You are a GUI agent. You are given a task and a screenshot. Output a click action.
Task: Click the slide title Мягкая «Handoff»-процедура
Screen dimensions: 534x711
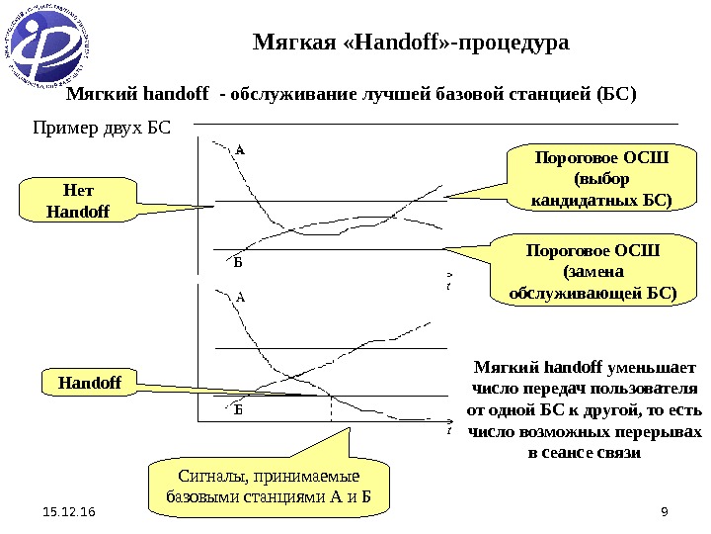(x=412, y=44)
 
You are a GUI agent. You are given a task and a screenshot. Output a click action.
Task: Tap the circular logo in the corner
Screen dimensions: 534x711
(x=52, y=45)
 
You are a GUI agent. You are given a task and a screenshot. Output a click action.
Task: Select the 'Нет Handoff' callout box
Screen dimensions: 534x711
(x=76, y=200)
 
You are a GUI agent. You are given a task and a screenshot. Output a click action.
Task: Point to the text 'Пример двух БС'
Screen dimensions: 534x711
(x=103, y=130)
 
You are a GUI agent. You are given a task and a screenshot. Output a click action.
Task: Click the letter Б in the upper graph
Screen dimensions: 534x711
(x=237, y=262)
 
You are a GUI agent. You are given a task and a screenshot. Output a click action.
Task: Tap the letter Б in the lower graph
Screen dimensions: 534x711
(x=238, y=407)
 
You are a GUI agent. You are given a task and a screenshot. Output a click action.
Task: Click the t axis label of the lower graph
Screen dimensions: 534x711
(x=448, y=431)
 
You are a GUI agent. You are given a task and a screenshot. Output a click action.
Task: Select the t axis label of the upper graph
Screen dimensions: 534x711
(x=448, y=286)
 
